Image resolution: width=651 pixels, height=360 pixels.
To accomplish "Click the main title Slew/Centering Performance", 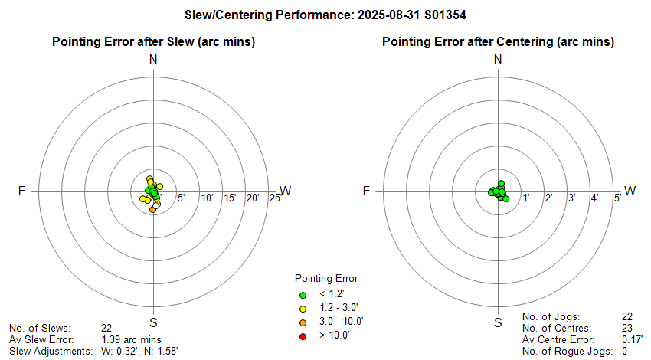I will [325, 14].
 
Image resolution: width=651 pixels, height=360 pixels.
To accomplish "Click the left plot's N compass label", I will [153, 60].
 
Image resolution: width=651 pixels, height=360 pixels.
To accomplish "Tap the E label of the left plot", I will [21, 191].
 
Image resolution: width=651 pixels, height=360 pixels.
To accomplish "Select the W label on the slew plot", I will [286, 191].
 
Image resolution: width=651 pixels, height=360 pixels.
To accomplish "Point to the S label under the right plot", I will [498, 322].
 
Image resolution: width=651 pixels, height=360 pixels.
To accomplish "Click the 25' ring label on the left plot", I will [274, 199].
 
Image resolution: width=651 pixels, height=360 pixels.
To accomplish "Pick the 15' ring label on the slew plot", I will [230, 199].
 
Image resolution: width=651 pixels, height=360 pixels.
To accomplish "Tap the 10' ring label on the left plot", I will [207, 199].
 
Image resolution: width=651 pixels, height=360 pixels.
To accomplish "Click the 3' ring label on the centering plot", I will [571, 199].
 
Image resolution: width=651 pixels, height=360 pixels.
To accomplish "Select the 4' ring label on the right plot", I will [594, 199].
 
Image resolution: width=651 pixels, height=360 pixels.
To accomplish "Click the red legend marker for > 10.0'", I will [303, 335].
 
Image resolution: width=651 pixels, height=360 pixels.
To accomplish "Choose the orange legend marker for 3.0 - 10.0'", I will [303, 322].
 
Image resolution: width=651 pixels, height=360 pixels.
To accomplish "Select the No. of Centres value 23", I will [628, 328].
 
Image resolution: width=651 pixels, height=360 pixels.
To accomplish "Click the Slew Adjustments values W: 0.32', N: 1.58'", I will [140, 351].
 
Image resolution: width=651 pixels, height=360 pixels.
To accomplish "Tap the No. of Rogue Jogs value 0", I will [625, 351].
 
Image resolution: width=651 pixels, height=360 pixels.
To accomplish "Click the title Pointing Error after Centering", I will [498, 41].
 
